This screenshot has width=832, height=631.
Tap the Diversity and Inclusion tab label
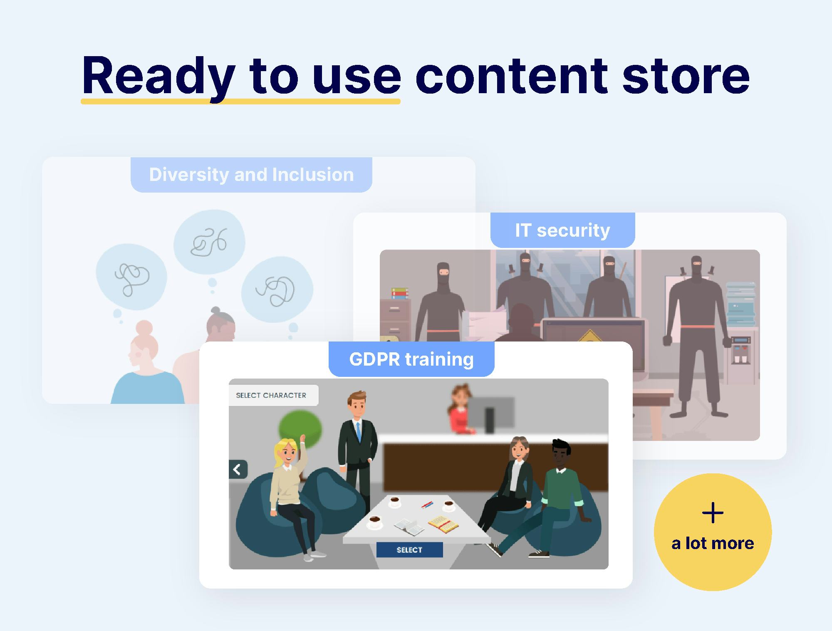[x=251, y=175]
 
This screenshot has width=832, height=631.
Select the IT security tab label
[x=562, y=230]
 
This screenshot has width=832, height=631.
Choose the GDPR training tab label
[x=411, y=359]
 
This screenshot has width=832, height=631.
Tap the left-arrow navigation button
[x=238, y=470]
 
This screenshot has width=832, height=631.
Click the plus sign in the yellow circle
[x=713, y=512]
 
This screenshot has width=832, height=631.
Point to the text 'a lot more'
[x=713, y=543]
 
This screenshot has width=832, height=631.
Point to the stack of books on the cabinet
[x=400, y=293]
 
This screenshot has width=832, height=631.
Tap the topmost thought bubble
[x=209, y=242]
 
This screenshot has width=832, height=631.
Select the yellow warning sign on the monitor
[x=590, y=337]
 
